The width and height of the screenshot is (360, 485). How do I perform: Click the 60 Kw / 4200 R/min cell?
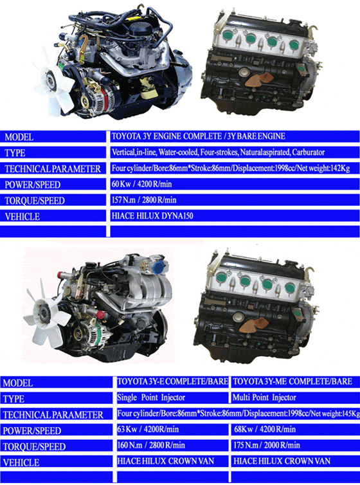235,185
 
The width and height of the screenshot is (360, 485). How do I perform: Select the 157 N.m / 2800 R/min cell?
235,200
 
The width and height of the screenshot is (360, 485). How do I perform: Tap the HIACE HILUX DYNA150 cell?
235,216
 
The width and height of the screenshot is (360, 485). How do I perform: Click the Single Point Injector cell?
172,398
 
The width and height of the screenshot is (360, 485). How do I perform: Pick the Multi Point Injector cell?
296,398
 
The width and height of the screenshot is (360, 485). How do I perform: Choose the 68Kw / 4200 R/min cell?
296,429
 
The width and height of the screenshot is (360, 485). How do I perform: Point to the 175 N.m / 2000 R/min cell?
296,445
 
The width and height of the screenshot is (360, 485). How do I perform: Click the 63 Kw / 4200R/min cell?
172,429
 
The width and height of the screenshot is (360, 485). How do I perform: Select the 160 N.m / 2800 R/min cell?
172,445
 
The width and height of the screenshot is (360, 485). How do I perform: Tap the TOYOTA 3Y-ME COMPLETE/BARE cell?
296,381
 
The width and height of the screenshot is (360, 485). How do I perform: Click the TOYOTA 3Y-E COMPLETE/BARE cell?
172,381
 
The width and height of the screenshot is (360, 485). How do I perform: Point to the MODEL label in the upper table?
19,137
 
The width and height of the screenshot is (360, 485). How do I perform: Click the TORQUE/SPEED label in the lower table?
34,446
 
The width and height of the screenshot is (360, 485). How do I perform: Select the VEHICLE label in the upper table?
22,217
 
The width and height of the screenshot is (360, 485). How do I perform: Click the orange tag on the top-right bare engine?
259,80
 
